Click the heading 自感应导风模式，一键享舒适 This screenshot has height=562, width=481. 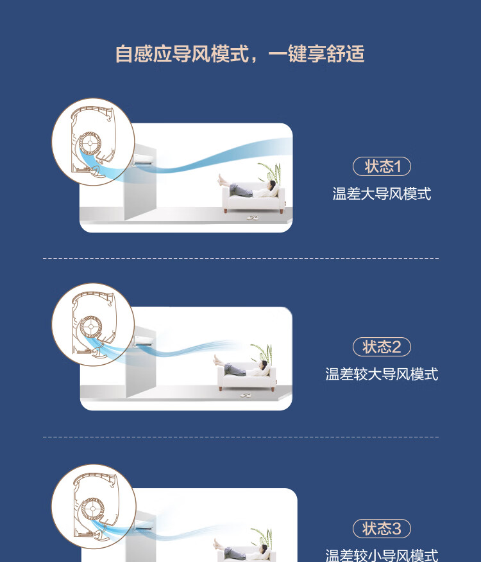pyautogui.click(x=240, y=54)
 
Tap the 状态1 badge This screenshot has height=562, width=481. pyautogui.click(x=382, y=166)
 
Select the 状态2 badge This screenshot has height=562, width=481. pyautogui.click(x=382, y=347)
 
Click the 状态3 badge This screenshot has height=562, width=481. pyautogui.click(x=382, y=529)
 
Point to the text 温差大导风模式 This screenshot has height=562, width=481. pyautogui.click(x=382, y=194)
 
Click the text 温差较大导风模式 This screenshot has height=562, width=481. pyautogui.click(x=382, y=374)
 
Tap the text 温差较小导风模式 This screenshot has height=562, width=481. pyautogui.click(x=382, y=556)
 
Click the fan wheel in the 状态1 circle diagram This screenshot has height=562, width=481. pyautogui.click(x=90, y=143)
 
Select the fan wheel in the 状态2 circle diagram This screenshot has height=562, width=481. pyautogui.click(x=91, y=327)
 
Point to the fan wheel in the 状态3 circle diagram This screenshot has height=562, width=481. pyautogui.click(x=92, y=509)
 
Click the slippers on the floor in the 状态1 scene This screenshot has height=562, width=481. pyautogui.click(x=252, y=218)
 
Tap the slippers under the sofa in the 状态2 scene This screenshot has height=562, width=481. pyautogui.click(x=246, y=395)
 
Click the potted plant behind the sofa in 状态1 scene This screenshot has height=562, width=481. pyautogui.click(x=270, y=172)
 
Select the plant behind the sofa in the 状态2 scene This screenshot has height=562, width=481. pyautogui.click(x=262, y=353)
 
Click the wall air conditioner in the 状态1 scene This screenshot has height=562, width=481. pyautogui.click(x=144, y=160)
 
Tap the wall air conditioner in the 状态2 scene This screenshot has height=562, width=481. pyautogui.click(x=144, y=341)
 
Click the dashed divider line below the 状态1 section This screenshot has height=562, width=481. pyautogui.click(x=240, y=258)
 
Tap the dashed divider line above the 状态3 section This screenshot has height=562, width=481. pyautogui.click(x=240, y=437)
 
